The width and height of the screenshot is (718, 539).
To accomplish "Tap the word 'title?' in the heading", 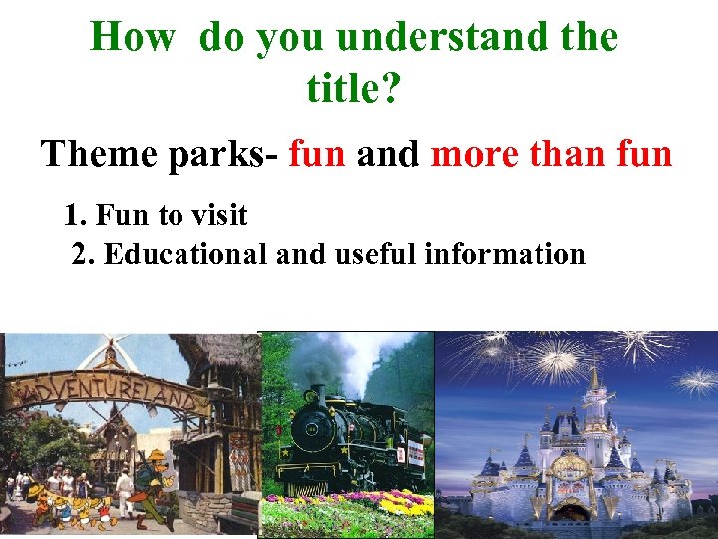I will click(354, 90).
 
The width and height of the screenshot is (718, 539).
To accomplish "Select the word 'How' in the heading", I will click(133, 38).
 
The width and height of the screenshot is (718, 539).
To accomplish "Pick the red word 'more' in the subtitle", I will click(475, 156).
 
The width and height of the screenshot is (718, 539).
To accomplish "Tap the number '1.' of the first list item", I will click(75, 215).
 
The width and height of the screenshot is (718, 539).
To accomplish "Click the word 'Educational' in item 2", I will click(185, 254).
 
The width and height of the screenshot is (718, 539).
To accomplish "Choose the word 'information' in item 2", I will click(505, 254).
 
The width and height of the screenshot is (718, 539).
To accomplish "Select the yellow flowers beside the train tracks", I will click(399, 504).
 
